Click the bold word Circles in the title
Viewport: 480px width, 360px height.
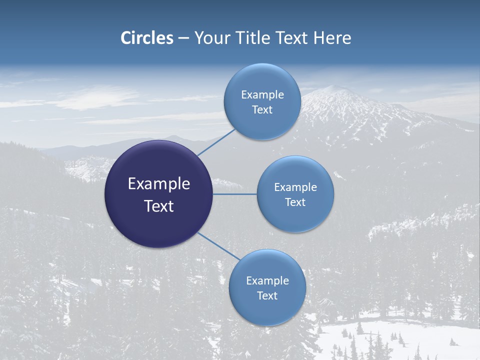[147, 38]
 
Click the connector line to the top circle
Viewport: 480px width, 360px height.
[216, 142]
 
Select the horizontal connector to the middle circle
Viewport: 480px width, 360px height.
[234, 194]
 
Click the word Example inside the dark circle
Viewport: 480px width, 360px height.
[159, 184]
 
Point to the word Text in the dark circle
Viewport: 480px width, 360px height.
[159, 206]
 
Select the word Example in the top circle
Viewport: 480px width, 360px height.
[262, 95]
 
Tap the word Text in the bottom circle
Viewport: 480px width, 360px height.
[267, 295]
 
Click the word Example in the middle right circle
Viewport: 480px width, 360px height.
[295, 187]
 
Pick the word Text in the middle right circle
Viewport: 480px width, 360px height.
[295, 202]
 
